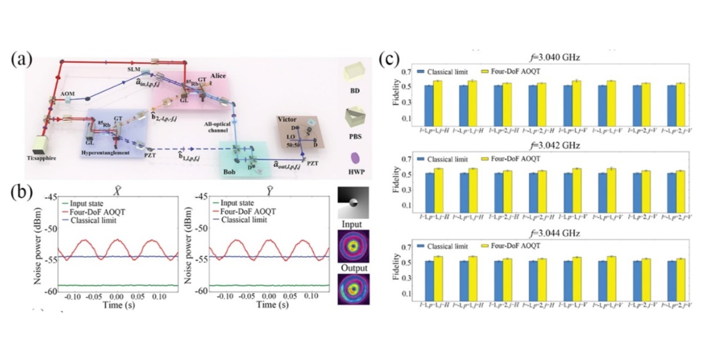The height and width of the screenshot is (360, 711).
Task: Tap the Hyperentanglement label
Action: pyautogui.click(x=109, y=152)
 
